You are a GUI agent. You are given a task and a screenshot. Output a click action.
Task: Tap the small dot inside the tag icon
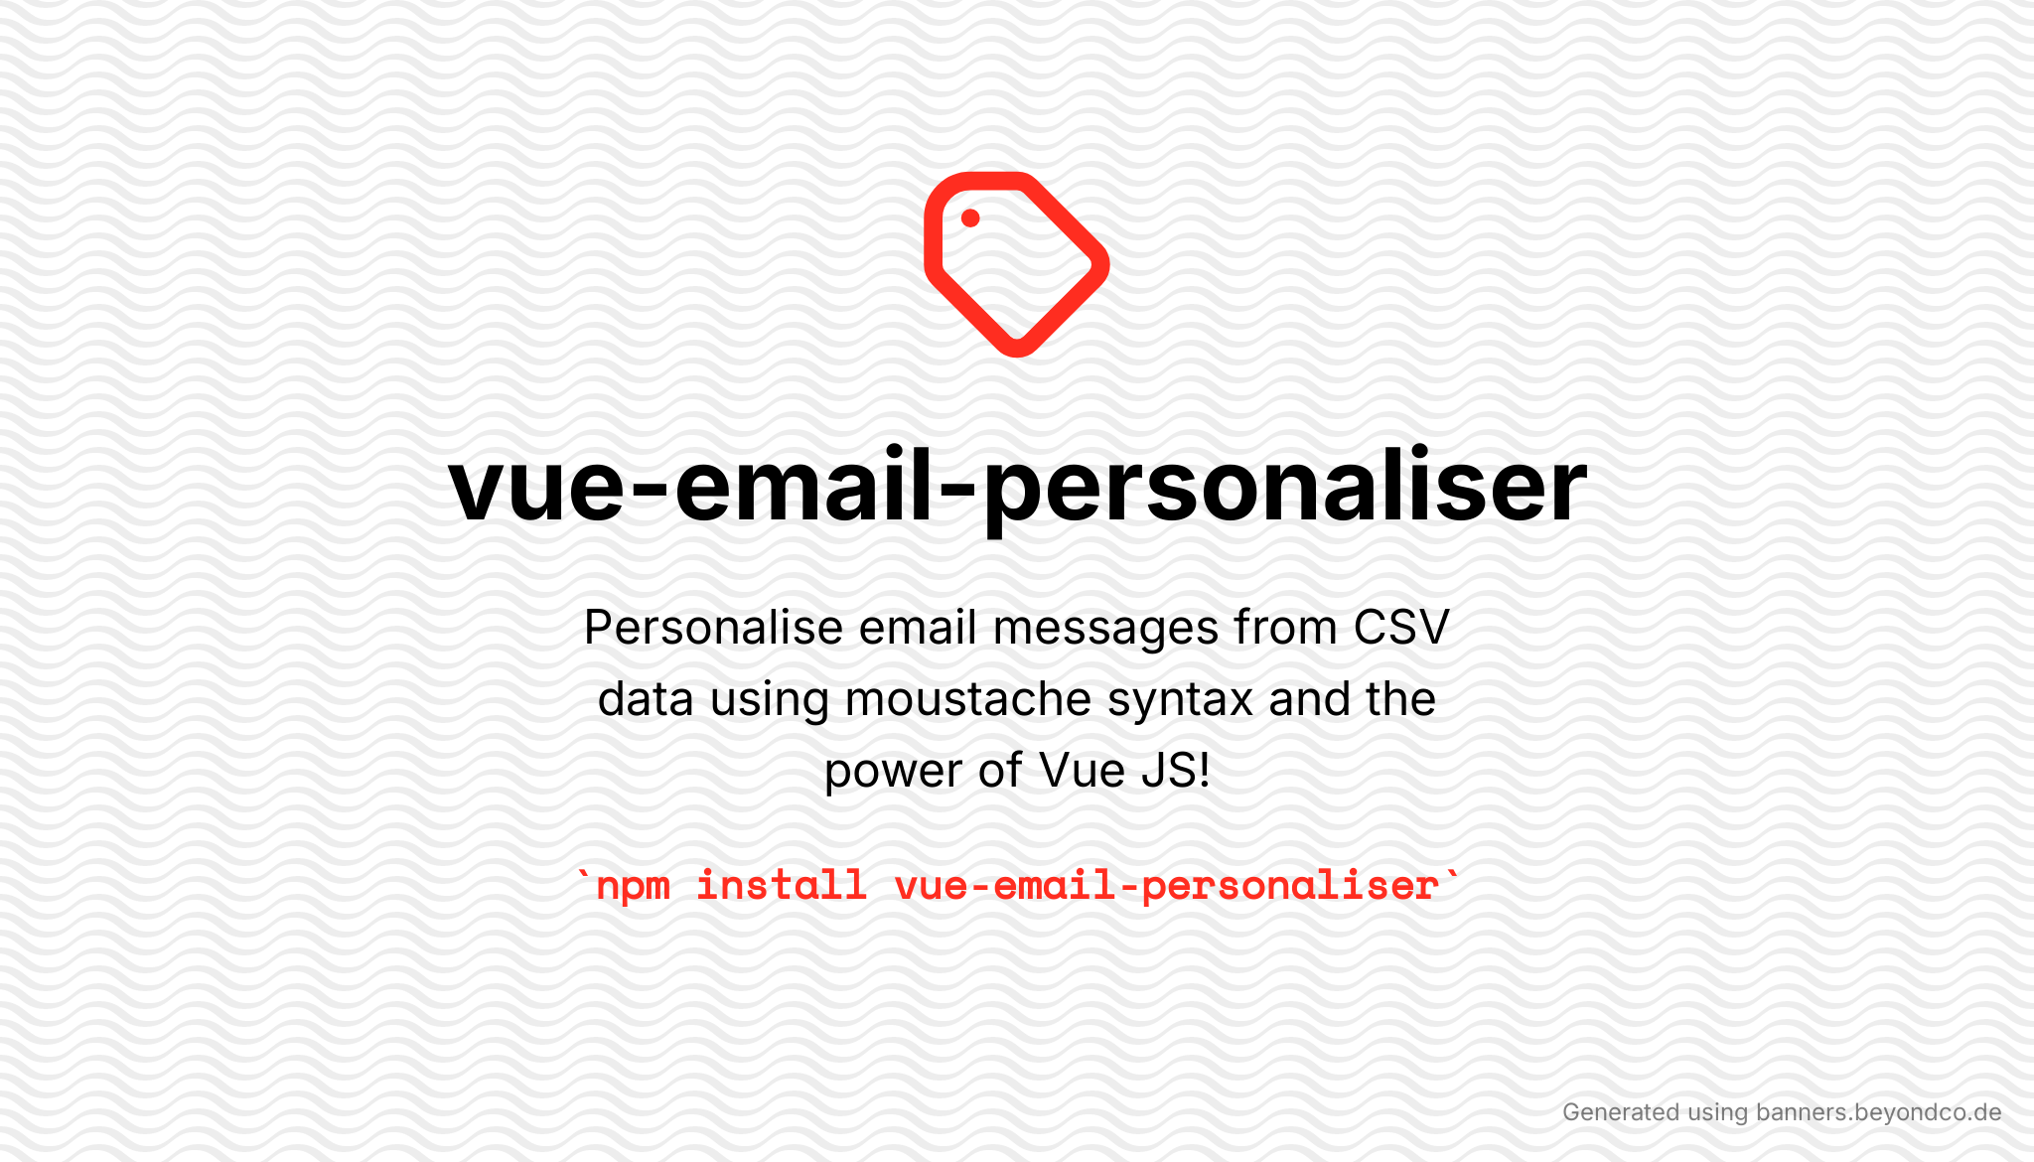click(970, 218)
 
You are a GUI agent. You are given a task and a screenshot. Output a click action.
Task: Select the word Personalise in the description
click(714, 628)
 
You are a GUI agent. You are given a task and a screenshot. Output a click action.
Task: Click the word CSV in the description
click(1401, 628)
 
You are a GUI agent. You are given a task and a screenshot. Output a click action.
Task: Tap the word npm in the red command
click(633, 886)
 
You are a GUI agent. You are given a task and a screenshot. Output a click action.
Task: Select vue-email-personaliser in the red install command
click(1167, 885)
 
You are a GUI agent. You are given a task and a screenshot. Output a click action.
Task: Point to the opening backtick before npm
click(584, 875)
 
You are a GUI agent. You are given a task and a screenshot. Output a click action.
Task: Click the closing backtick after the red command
click(1453, 875)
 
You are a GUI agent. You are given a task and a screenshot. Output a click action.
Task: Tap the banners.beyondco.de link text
click(1879, 1112)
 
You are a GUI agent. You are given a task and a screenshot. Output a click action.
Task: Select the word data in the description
click(646, 699)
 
